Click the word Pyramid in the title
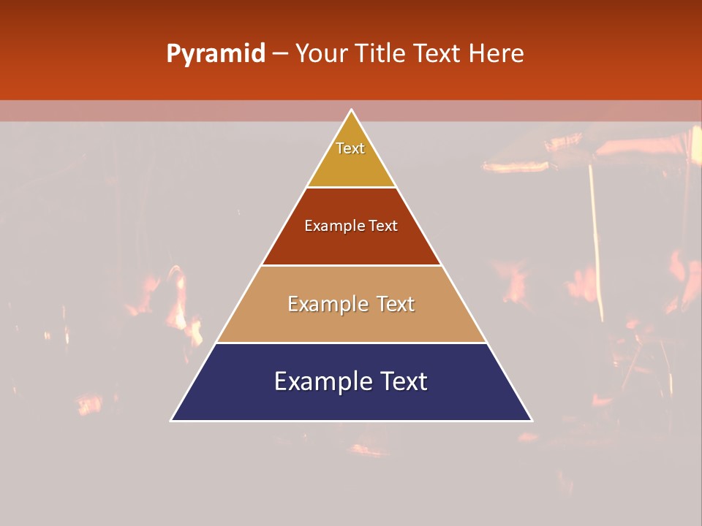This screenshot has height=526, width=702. coord(215,54)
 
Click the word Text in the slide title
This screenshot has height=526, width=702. coord(439,54)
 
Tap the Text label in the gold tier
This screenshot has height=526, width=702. coord(350,148)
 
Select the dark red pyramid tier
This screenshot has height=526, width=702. coord(351,245)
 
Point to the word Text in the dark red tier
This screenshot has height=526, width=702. coord(383,226)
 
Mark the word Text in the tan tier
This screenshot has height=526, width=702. coord(396,304)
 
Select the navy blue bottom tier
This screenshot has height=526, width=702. coord(351,402)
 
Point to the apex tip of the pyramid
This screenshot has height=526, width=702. coord(351,111)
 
